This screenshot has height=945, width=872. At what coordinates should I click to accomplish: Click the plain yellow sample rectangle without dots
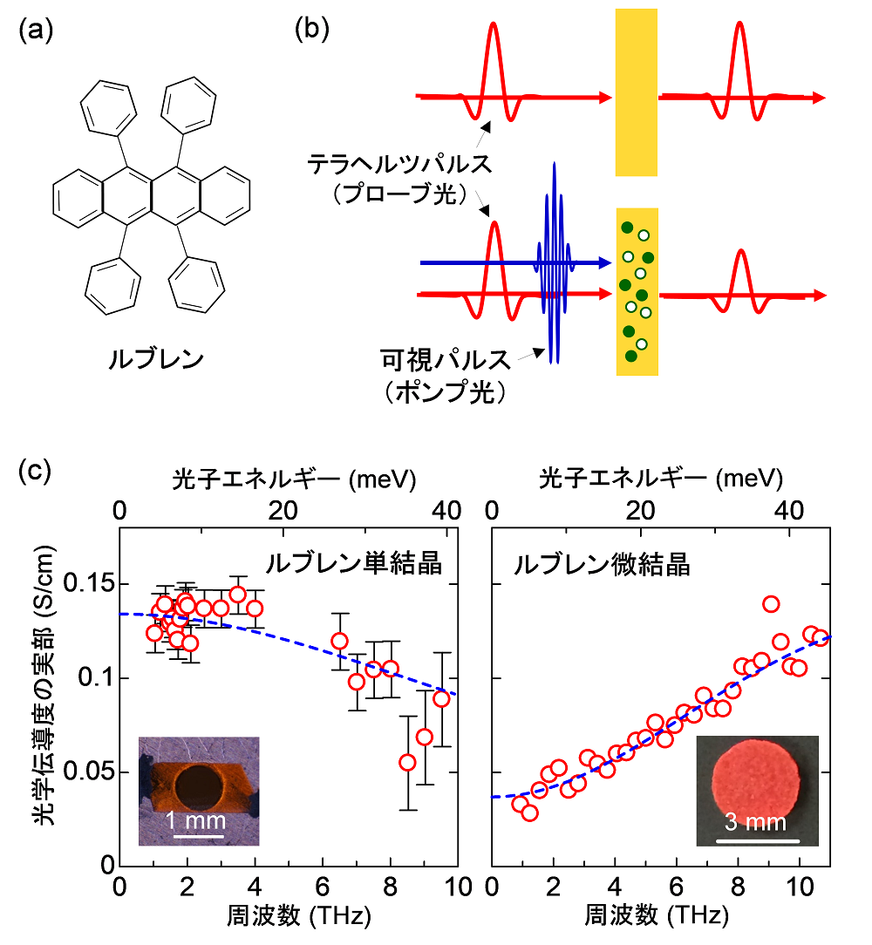point(636,92)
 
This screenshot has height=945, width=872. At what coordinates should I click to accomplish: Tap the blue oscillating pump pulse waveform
point(553,262)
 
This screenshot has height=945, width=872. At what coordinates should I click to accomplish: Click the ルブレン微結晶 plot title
point(602,564)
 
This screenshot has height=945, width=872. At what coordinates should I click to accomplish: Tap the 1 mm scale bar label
point(197,820)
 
